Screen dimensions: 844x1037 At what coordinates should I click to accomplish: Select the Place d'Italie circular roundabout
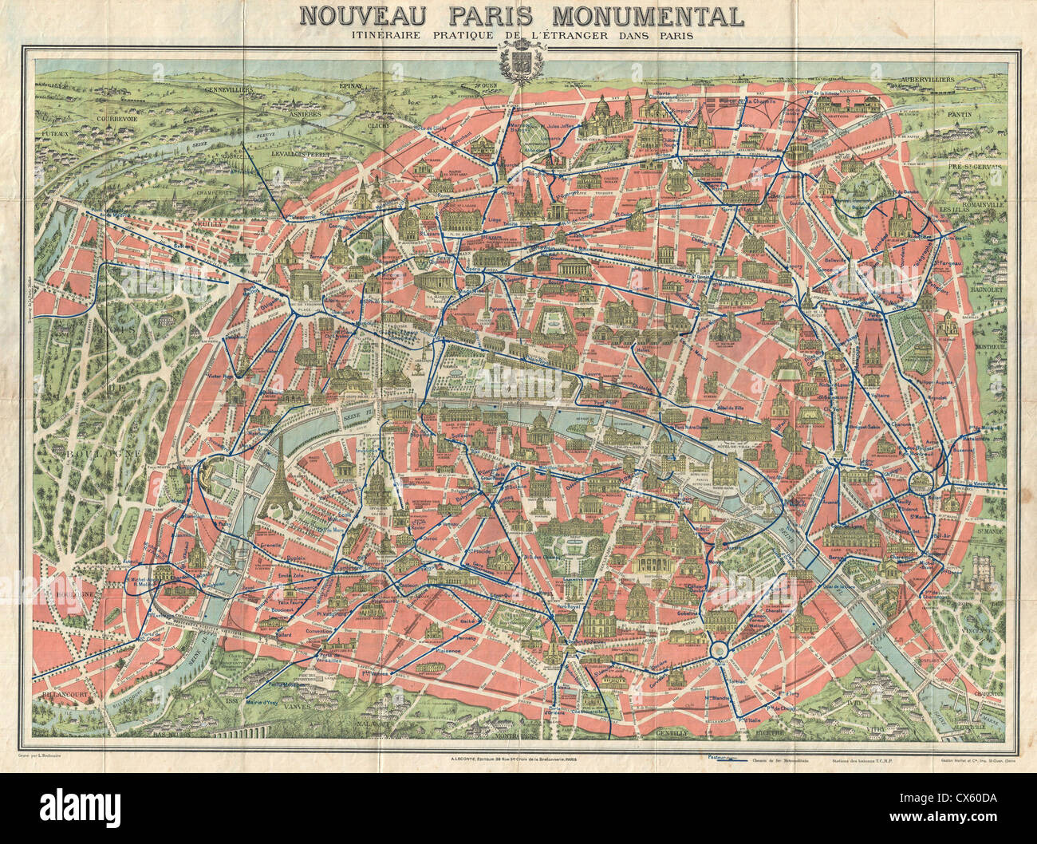pos(719,650)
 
